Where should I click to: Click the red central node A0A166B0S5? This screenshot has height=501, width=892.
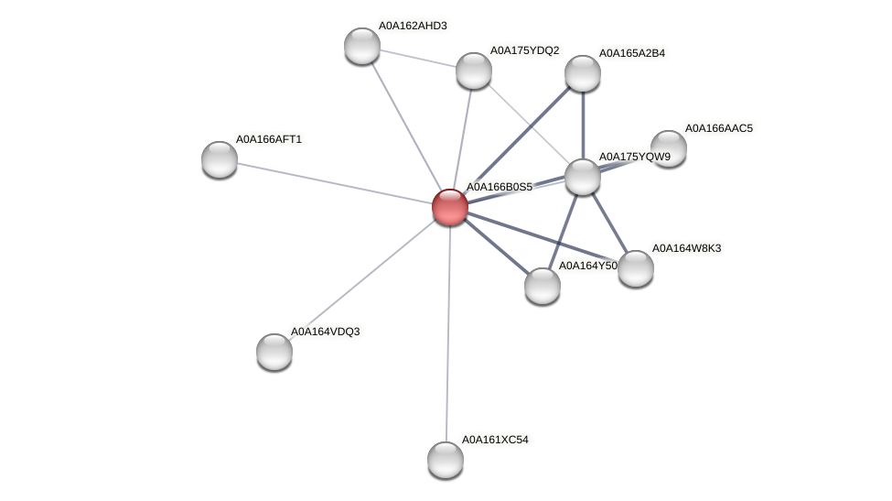click(x=450, y=206)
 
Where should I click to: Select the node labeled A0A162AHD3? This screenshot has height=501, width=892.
click(x=362, y=46)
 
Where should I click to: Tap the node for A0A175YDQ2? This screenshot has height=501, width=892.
click(x=474, y=71)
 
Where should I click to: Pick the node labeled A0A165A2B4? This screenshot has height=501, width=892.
click(x=583, y=73)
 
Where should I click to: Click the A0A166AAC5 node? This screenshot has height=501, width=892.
click(x=669, y=148)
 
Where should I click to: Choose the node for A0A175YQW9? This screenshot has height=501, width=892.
click(x=583, y=177)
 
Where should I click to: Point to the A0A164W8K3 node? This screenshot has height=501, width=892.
click(x=636, y=268)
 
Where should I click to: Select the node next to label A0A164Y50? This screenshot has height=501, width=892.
click(x=543, y=286)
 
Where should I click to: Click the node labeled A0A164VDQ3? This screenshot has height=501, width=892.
click(x=274, y=352)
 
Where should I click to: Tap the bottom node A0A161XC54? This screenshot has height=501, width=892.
click(x=446, y=460)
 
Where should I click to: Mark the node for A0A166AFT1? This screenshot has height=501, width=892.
click(x=220, y=159)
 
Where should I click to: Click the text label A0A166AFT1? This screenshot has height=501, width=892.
click(x=269, y=139)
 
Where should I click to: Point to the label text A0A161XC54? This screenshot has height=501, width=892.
click(x=495, y=440)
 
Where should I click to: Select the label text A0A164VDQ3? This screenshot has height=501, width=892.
click(x=325, y=332)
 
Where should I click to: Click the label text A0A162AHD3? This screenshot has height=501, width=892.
click(x=413, y=26)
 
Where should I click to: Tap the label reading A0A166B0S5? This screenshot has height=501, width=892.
click(x=500, y=187)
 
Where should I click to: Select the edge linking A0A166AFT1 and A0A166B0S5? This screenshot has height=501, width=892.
click(x=335, y=182)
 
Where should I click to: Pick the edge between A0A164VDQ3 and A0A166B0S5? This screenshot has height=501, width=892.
click(x=362, y=278)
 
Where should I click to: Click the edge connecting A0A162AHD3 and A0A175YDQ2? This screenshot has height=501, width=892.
click(x=418, y=58)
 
